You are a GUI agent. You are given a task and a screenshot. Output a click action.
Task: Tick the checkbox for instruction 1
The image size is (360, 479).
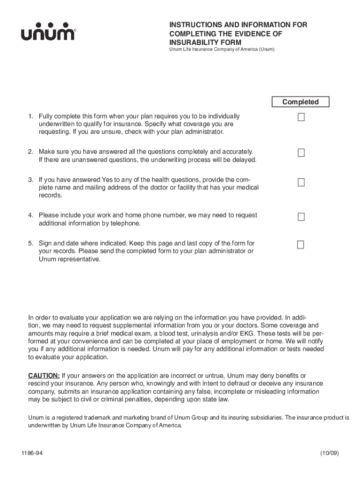pos(301,116)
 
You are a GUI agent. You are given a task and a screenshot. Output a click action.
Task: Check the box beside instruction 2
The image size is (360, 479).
pos(301,152)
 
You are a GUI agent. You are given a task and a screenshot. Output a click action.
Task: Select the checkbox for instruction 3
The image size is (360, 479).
pos(301,182)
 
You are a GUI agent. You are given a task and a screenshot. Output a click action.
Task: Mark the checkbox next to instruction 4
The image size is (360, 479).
pos(301,217)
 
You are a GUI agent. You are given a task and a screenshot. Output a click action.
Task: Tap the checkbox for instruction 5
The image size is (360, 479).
pos(301,245)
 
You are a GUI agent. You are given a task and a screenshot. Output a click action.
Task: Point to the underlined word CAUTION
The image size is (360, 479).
pos(44,376)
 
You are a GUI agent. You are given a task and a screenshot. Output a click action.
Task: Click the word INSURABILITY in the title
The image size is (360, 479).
pos(191,42)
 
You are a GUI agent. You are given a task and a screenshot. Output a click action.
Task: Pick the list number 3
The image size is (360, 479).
pos(30,179)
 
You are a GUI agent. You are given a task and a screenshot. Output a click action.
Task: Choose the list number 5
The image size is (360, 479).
pos(30,243)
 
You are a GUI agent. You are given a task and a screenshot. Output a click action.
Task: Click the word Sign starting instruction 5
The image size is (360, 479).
pos(45,243)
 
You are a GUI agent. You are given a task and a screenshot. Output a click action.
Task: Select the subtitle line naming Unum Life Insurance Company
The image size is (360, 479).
pos(222,50)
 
